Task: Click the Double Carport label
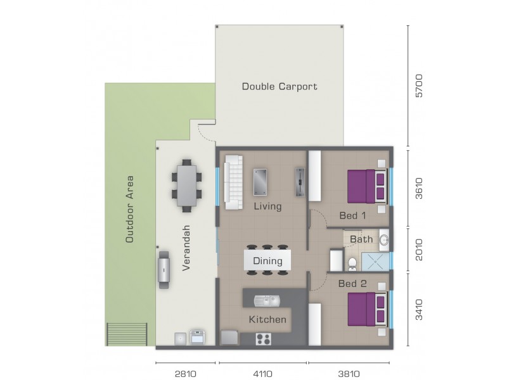[x=279, y=86]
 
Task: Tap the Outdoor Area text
[x=130, y=209]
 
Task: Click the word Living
[x=267, y=206]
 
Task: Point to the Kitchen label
[x=267, y=319]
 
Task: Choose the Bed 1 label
[x=352, y=215]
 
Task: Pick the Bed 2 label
[x=352, y=283]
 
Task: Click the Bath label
[x=361, y=239]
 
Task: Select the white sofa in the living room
[x=233, y=182]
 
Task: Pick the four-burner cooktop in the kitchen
[x=264, y=339]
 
